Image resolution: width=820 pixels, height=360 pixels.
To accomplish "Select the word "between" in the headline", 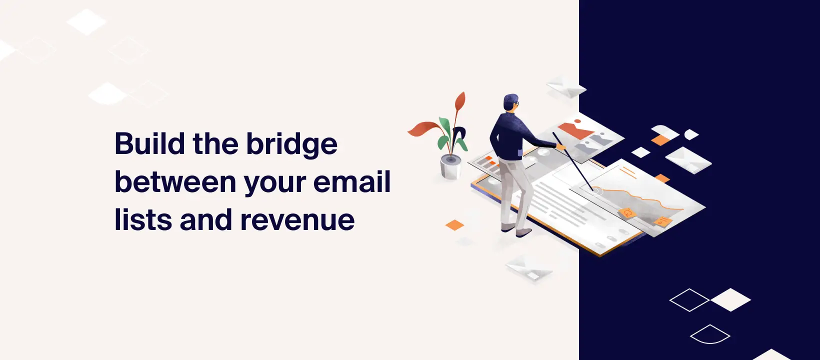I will tap(175, 182).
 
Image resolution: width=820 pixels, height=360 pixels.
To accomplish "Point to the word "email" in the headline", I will tap(352, 181).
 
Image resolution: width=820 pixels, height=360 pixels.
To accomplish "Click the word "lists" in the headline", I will tap(142, 220).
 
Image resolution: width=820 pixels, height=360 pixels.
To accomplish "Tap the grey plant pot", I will tap(450, 166).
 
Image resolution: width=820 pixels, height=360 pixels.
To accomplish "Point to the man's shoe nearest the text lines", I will tap(523, 232).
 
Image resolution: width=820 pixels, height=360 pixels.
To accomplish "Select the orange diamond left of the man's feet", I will tap(454, 225).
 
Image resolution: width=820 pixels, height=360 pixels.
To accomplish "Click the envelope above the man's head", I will tap(565, 87).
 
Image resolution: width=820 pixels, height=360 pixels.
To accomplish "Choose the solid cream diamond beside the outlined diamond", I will tap(730, 299).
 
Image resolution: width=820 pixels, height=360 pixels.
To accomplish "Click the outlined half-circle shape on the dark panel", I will tap(710, 334).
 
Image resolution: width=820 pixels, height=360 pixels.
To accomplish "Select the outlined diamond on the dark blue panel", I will tap(689, 300).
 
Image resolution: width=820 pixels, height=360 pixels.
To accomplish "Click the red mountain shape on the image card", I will tap(575, 130).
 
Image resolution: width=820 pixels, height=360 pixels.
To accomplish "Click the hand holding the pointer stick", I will tap(561, 146).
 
